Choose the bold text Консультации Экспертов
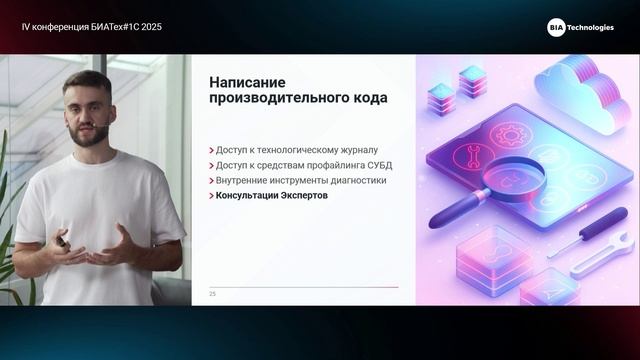pyautogui.click(x=271, y=196)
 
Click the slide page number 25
pyautogui.click(x=212, y=294)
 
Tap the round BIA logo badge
pyautogui.click(x=556, y=28)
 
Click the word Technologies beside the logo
pyautogui.click(x=591, y=28)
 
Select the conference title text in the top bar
pyautogui.click(x=91, y=27)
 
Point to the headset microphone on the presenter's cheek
pyautogui.click(x=104, y=127)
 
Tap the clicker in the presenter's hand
pyautogui.click(x=62, y=241)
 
